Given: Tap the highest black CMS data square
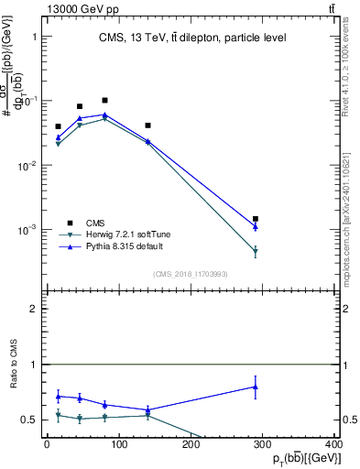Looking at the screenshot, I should [105, 100].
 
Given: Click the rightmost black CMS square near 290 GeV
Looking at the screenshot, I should [256, 219].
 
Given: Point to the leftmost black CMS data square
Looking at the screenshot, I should [58, 126].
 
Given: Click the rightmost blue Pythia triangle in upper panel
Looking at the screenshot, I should [256, 225].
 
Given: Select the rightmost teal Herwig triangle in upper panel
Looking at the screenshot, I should [256, 251].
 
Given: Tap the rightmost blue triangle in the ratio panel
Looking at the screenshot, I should [256, 387].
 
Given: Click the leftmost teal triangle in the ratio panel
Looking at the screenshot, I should [58, 416].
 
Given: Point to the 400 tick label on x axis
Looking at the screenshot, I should [335, 445].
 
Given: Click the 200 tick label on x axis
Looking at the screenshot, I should [191, 445].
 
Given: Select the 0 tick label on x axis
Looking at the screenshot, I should [47, 445].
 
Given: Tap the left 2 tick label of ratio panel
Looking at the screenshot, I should [34, 310].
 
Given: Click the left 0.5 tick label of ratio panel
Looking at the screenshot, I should [29, 420].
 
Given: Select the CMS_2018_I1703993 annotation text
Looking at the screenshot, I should [191, 274].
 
